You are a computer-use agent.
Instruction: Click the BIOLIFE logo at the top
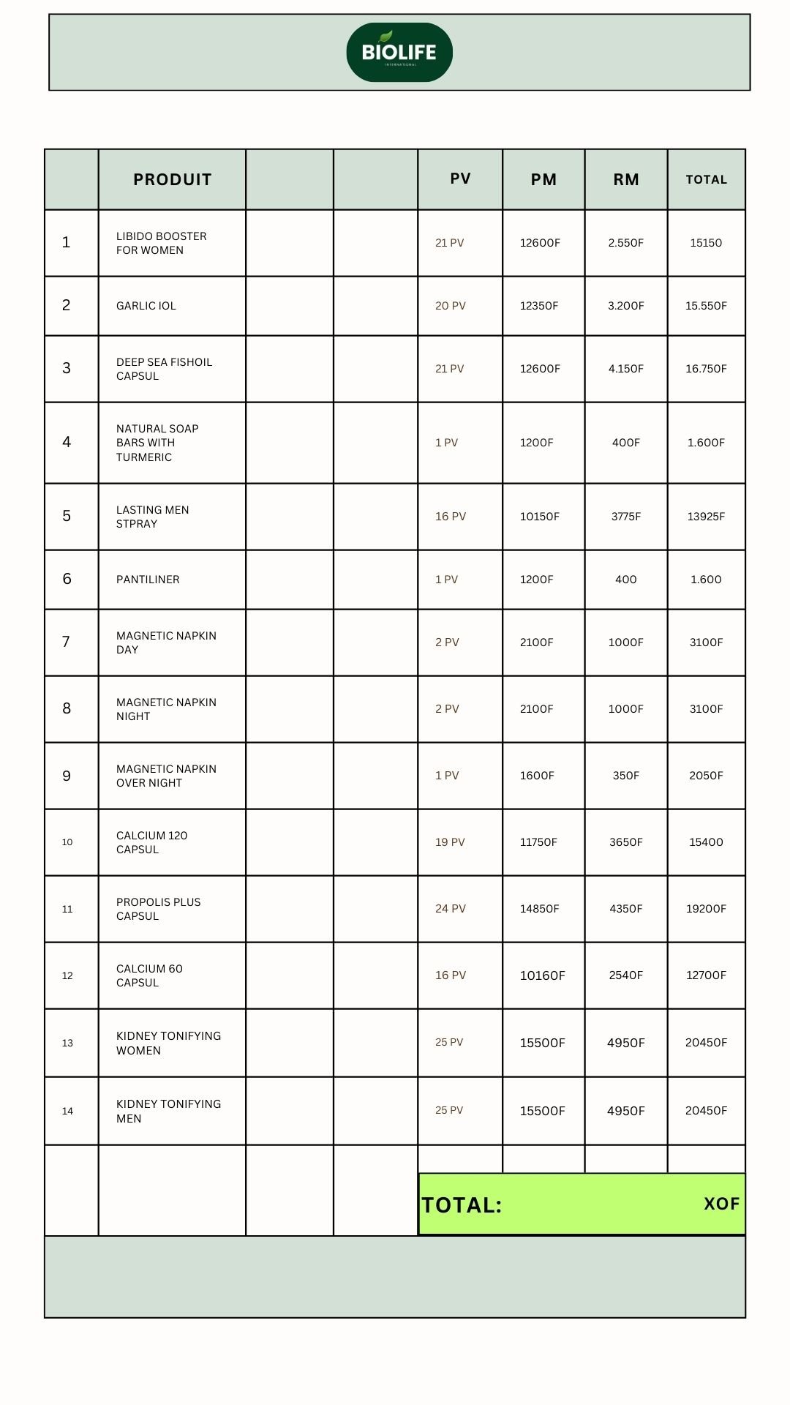[399, 52]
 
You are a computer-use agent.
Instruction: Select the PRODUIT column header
[173, 180]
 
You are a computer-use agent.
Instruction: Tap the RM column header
[626, 180]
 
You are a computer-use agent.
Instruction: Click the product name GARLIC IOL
[146, 306]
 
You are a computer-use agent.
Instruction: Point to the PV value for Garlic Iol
[451, 306]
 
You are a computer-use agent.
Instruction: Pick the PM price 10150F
[540, 517]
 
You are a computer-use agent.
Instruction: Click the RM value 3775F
[626, 517]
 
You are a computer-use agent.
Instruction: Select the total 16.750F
[706, 369]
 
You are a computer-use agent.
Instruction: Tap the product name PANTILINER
[148, 580]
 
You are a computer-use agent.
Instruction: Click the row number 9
[67, 776]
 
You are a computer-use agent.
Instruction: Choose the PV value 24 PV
[451, 909]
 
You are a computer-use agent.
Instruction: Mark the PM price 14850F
[540, 909]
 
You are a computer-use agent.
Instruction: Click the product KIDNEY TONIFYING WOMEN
[168, 1043]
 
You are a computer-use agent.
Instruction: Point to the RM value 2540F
[626, 975]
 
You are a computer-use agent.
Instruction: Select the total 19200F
[706, 909]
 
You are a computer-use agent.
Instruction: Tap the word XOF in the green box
[722, 1204]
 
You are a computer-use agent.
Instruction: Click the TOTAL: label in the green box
[462, 1205]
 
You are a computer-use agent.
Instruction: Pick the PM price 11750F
[538, 842]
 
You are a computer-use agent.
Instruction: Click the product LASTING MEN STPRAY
[152, 517]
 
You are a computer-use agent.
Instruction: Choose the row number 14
[67, 1111]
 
